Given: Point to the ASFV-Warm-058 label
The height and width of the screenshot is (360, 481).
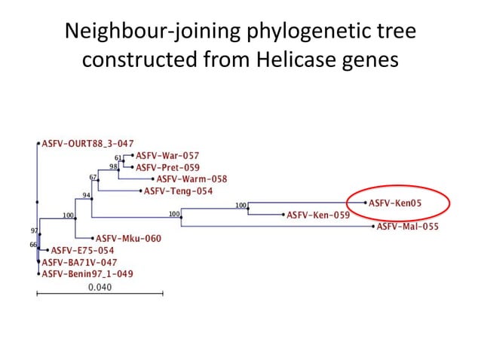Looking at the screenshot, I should coord(191,179).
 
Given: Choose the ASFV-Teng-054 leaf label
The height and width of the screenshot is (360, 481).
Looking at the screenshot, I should coord(178,191).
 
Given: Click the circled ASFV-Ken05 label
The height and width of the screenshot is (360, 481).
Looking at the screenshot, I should coord(391,203).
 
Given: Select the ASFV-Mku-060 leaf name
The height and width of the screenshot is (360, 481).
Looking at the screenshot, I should coord(128,239).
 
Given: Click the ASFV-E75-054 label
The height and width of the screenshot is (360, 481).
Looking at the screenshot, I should coord(82,250).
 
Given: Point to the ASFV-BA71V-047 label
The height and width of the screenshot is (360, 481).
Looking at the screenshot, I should coord(79,262).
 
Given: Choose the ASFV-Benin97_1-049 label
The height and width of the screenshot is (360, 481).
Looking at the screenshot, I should coord(87,274).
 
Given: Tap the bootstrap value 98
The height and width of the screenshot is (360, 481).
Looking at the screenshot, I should coord(114,166).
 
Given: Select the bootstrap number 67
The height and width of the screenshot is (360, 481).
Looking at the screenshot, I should coord(93,178).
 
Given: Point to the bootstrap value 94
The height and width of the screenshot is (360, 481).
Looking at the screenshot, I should coord(87,195).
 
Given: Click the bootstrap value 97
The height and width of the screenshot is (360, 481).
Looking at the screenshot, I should coord(34,230).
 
